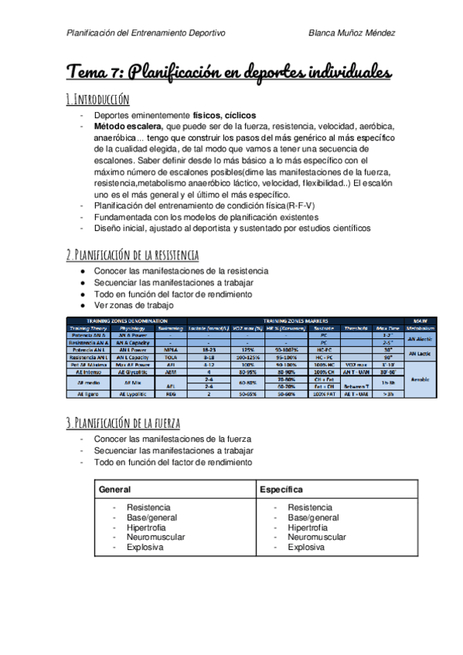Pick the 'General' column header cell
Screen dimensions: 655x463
pos(114,490)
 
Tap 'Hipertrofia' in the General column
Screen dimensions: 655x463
pos(148,528)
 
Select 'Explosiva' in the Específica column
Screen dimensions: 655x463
pos(307,547)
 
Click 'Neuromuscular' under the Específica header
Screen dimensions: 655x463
pos(317,537)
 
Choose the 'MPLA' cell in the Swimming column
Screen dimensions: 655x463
pos(171,350)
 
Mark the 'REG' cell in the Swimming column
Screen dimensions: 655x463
pos(171,394)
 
